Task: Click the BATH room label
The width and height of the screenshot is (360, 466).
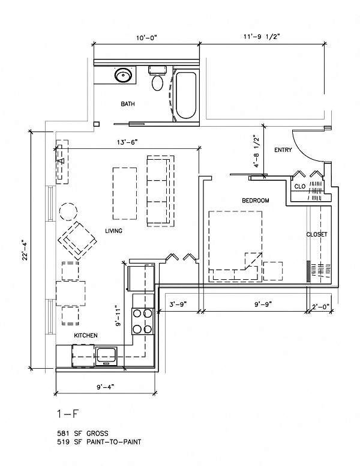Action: point(127,104)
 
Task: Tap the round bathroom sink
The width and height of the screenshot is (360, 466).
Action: point(124,76)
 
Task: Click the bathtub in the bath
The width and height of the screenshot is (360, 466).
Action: point(185,95)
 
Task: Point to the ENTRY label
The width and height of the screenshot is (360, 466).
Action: point(283,150)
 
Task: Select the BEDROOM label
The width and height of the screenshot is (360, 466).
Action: point(255,200)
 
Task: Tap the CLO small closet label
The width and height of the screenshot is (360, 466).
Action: point(299,187)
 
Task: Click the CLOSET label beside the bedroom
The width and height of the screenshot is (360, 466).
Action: point(316,234)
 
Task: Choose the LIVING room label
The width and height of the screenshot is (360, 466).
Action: point(114,231)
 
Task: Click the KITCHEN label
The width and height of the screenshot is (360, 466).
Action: point(86,335)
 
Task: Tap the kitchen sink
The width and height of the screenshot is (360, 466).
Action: point(108,356)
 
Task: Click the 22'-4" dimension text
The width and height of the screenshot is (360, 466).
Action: point(25,250)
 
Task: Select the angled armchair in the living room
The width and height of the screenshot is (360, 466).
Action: point(77,238)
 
